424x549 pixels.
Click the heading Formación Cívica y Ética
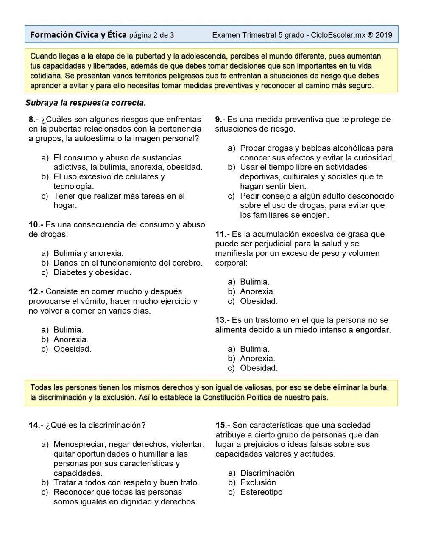pyautogui.click(x=78, y=35)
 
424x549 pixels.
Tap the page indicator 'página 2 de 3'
pyautogui.click(x=151, y=35)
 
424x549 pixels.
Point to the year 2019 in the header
pyautogui.click(x=384, y=35)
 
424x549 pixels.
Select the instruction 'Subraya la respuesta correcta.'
pyautogui.click(x=86, y=103)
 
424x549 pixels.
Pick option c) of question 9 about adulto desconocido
pyautogui.click(x=316, y=205)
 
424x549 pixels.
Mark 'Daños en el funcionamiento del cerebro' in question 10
pyautogui.click(x=128, y=263)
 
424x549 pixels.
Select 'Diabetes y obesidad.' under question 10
pyautogui.click(x=92, y=272)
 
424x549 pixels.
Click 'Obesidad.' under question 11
pyautogui.click(x=259, y=301)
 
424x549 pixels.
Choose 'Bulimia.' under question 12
pyautogui.click(x=68, y=330)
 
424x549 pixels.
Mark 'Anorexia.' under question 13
pyautogui.click(x=257, y=358)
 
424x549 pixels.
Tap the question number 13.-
pyautogui.click(x=222, y=320)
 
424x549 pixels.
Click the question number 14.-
pyautogui.click(x=36, y=425)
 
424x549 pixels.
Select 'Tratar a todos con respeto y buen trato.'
pyautogui.click(x=126, y=482)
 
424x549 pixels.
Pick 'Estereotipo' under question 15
pyautogui.click(x=261, y=492)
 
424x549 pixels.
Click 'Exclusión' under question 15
pyautogui.click(x=258, y=482)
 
